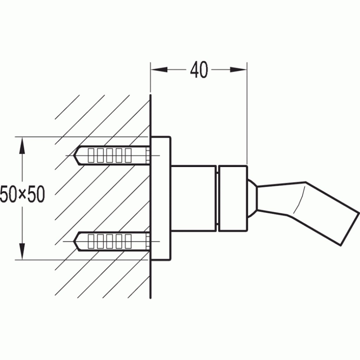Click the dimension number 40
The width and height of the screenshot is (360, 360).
199,70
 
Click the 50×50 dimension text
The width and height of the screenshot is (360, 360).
22,194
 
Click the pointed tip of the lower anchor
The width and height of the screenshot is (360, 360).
76,242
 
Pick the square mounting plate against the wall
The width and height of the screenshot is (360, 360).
161,199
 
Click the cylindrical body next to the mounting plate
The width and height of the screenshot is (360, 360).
193,199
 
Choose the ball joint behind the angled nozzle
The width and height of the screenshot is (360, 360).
252,199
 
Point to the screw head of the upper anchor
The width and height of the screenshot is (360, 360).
148,155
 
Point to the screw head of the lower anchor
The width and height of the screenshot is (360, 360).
148,242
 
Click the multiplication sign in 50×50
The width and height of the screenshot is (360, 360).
22,195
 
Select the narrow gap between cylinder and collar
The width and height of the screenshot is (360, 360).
217,199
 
